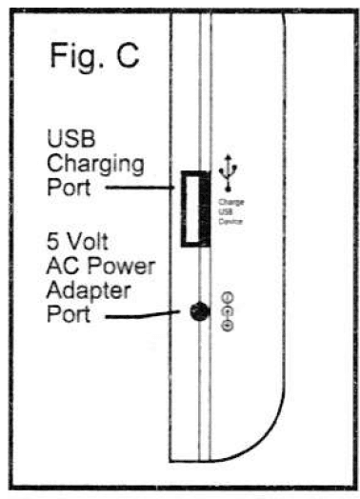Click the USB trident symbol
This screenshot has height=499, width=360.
(x=228, y=172)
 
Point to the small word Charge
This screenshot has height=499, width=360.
(x=229, y=202)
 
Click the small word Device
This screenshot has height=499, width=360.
(x=229, y=220)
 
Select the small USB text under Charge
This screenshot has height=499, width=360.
(x=228, y=211)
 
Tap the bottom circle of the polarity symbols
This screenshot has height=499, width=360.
(x=227, y=326)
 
